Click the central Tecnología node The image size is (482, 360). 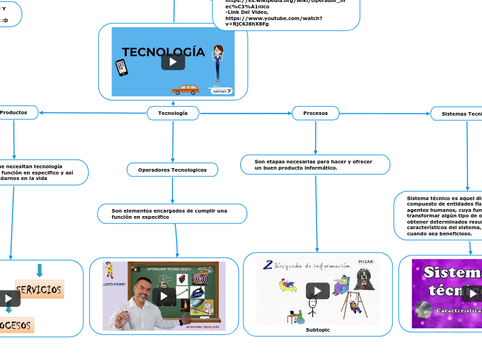tap(172, 113)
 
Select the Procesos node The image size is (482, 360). tap(315, 113)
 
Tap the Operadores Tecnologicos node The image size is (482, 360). tap(172, 170)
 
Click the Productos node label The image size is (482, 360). tap(15, 112)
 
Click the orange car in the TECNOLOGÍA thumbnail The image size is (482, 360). tap(185, 89)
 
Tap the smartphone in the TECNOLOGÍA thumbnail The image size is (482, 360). tap(121, 67)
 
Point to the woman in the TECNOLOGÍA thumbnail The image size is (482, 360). tap(219, 62)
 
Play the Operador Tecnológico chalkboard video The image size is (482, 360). tap(164, 297)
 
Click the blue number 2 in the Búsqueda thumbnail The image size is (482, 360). tap(267, 264)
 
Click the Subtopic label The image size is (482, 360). tap(317, 330)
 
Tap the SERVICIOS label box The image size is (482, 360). tap(39, 289)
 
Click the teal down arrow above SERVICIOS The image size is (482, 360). tap(39, 270)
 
